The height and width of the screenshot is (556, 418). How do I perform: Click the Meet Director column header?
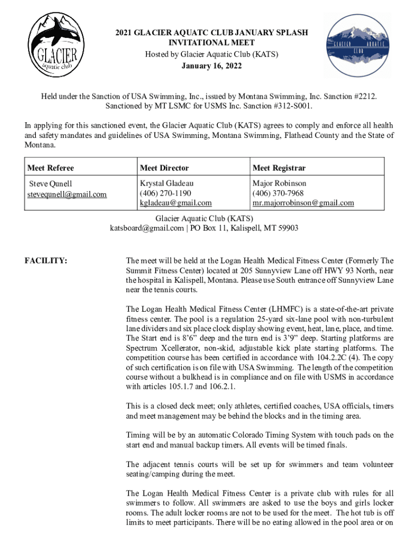[164, 168]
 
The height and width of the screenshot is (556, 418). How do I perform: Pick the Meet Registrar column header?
[279, 168]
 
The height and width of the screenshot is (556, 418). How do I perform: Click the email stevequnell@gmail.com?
[68, 194]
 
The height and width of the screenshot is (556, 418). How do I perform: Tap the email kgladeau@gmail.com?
[175, 203]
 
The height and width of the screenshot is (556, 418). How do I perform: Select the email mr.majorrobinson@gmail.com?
[303, 203]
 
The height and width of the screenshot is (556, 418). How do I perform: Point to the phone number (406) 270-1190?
[166, 193]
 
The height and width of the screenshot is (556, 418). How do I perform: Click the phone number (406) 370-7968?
[278, 193]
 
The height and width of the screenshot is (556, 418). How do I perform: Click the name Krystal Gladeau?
[167, 184]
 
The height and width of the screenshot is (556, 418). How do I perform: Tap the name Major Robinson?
[279, 184]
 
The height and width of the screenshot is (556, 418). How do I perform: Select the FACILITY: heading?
[46, 261]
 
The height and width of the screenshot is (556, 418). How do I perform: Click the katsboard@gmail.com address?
[147, 229]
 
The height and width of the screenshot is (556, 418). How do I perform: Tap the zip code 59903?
[287, 229]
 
